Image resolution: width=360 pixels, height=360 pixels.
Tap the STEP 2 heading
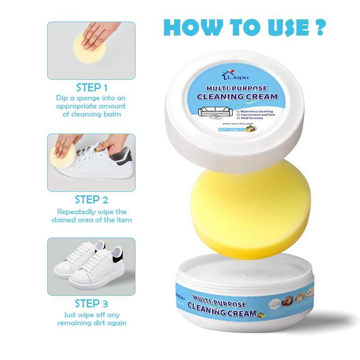(91, 199)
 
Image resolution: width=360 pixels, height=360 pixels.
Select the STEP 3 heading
(91, 303)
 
